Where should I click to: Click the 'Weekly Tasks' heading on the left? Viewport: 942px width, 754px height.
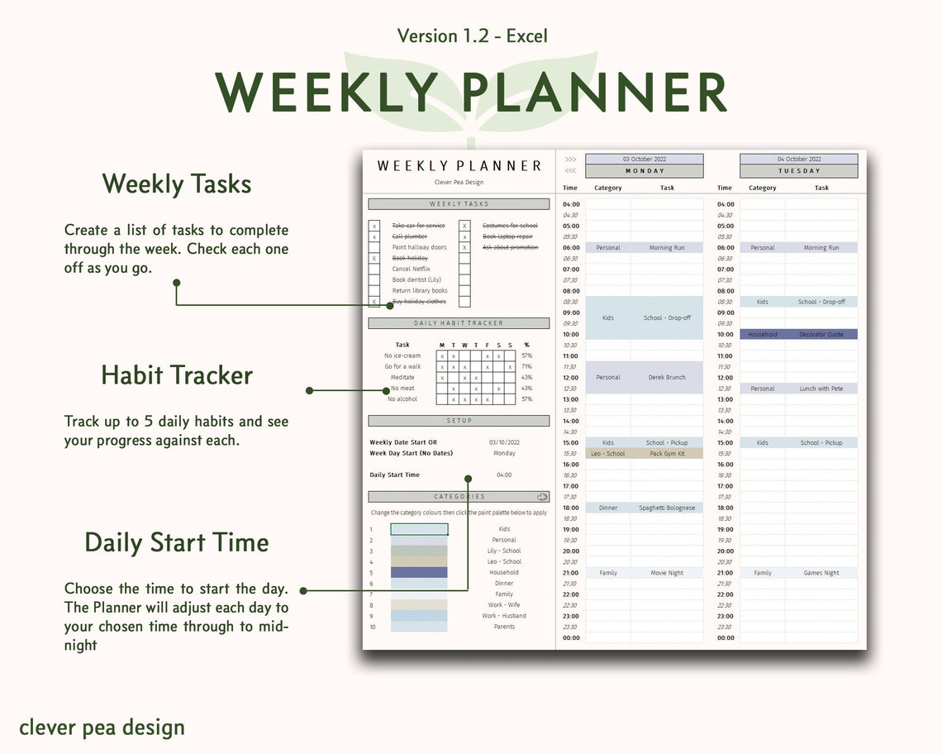click(177, 184)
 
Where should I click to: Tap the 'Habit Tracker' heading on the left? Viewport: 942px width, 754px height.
click(177, 375)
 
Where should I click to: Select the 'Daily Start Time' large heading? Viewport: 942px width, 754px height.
click(177, 543)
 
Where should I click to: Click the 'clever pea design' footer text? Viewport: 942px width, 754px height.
click(102, 728)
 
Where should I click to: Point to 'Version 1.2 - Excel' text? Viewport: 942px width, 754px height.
click(472, 36)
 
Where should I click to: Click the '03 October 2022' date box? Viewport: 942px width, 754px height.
click(645, 160)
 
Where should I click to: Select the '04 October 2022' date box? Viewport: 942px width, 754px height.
click(799, 160)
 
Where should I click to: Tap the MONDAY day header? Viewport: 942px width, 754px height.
click(645, 171)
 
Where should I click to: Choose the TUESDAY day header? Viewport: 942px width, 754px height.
click(799, 171)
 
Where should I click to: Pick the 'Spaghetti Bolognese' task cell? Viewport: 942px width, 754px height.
click(667, 508)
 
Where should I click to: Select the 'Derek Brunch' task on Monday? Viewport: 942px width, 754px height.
click(667, 378)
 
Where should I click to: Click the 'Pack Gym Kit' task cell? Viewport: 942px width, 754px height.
click(667, 454)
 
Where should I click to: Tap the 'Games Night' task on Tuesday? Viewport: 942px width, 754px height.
click(821, 573)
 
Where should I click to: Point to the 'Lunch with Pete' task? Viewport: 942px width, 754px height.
click(821, 389)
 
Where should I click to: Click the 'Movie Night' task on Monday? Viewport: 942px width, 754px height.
click(667, 573)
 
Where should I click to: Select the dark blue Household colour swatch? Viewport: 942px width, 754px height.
click(419, 572)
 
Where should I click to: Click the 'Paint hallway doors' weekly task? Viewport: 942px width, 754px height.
click(419, 247)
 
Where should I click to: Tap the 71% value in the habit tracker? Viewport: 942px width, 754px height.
click(527, 366)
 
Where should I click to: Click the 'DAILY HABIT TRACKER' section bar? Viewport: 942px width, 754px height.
click(459, 323)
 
